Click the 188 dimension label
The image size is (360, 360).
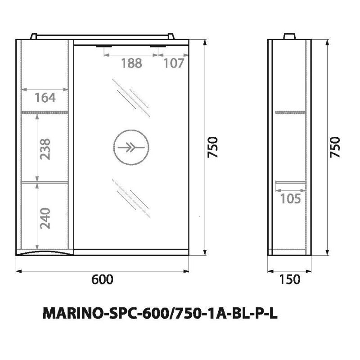click(x=131, y=63)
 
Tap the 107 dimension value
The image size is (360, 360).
click(x=173, y=63)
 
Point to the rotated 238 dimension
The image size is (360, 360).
click(x=45, y=148)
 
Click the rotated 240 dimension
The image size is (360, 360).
click(x=45, y=218)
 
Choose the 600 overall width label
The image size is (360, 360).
click(x=102, y=279)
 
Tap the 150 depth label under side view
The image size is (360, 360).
click(x=289, y=279)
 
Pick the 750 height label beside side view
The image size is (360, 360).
click(x=335, y=147)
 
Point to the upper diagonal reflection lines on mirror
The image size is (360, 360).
click(x=131, y=97)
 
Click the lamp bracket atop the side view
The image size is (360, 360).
click(x=289, y=36)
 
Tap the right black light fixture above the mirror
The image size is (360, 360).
click(x=157, y=46)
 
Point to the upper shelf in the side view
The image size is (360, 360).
click(x=290, y=111)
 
